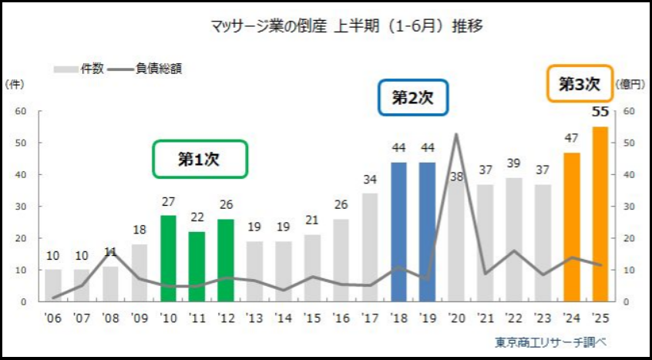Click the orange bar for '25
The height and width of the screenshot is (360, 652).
[x=600, y=214]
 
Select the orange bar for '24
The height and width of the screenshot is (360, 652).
[x=572, y=227]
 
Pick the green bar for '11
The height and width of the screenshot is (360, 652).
[x=197, y=266]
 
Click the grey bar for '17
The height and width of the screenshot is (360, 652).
[x=370, y=247]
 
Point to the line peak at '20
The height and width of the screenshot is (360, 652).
[x=455, y=134]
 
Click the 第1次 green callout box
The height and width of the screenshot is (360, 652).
[x=200, y=160]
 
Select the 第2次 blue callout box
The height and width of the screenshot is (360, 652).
[x=413, y=98]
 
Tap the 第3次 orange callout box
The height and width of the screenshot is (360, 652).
[x=580, y=84]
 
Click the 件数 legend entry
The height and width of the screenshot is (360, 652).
[x=79, y=69]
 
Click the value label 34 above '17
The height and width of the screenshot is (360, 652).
[x=370, y=180]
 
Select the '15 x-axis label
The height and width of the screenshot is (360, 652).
[x=312, y=317]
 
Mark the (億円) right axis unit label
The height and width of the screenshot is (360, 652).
[x=630, y=84]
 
